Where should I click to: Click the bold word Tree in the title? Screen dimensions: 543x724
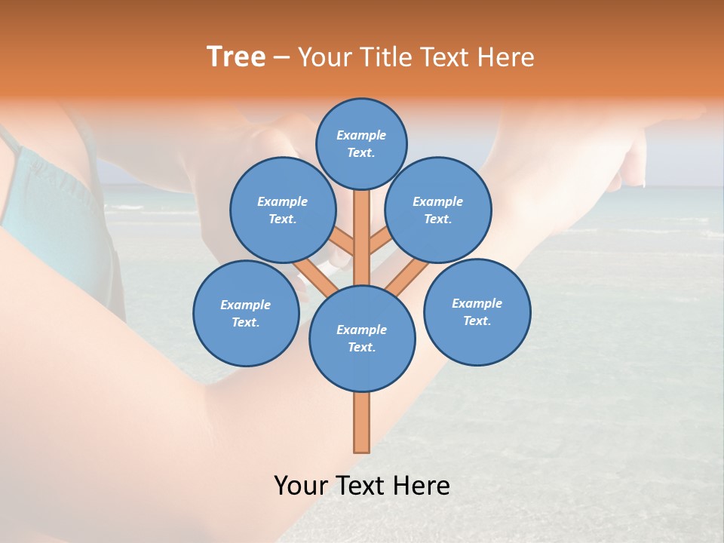point(236,57)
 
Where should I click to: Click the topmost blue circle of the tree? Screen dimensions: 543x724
point(361,143)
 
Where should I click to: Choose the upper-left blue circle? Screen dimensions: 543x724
point(282,210)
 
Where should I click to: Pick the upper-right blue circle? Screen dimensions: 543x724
point(438,210)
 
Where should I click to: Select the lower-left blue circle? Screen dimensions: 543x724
point(245,313)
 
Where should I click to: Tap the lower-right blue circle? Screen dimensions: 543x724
point(477,311)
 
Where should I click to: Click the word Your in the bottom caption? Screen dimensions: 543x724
point(300,486)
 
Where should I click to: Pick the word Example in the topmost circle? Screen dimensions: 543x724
point(361,135)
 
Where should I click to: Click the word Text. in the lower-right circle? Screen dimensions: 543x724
point(477,321)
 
